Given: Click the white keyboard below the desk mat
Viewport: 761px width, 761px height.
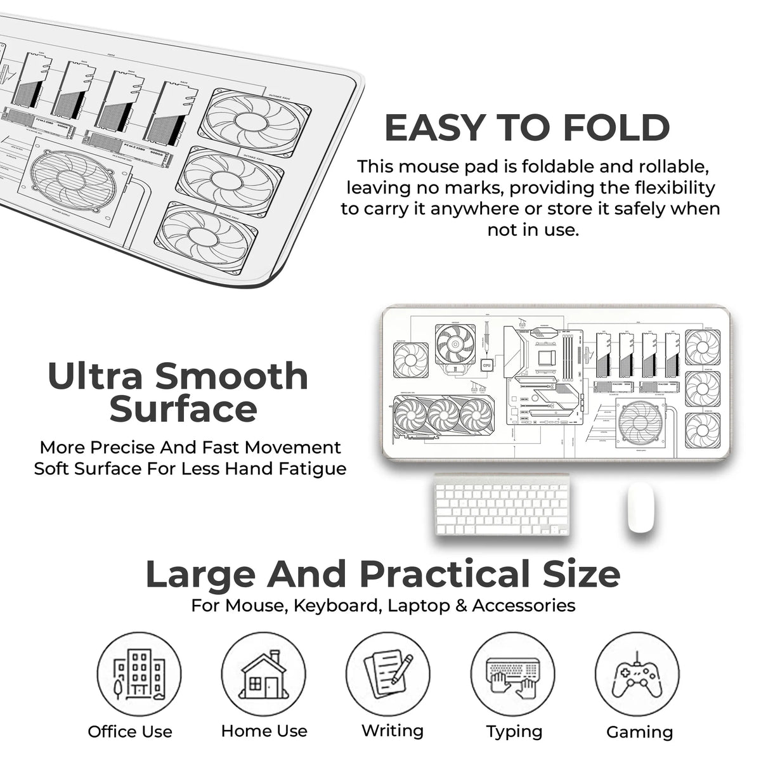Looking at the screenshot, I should pyautogui.click(x=502, y=505).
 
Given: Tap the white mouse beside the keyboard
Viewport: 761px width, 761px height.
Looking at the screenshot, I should pyautogui.click(x=640, y=507).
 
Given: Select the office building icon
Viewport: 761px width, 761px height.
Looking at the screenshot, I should pyautogui.click(x=139, y=674).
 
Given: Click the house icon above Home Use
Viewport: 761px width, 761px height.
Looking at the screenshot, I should pyautogui.click(x=263, y=674).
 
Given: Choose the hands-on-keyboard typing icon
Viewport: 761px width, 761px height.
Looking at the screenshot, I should pyautogui.click(x=513, y=675).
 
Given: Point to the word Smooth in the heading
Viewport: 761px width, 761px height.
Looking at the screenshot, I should pyautogui.click(x=231, y=376).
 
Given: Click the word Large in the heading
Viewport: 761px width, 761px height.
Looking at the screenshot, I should pyautogui.click(x=200, y=574).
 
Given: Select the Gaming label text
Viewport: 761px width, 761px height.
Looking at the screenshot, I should pyautogui.click(x=639, y=732).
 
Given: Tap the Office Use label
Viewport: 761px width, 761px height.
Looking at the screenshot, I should pyautogui.click(x=130, y=732).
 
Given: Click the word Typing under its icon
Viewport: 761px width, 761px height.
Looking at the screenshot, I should pyautogui.click(x=514, y=732).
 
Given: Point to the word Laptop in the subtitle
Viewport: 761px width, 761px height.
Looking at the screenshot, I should pyautogui.click(x=418, y=606).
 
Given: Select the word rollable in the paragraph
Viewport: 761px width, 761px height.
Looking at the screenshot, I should pyautogui.click(x=662, y=167).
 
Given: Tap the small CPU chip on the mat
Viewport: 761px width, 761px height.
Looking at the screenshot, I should pyautogui.click(x=486, y=365).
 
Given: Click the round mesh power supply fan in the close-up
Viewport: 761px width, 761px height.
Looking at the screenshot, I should pyautogui.click(x=74, y=179).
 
